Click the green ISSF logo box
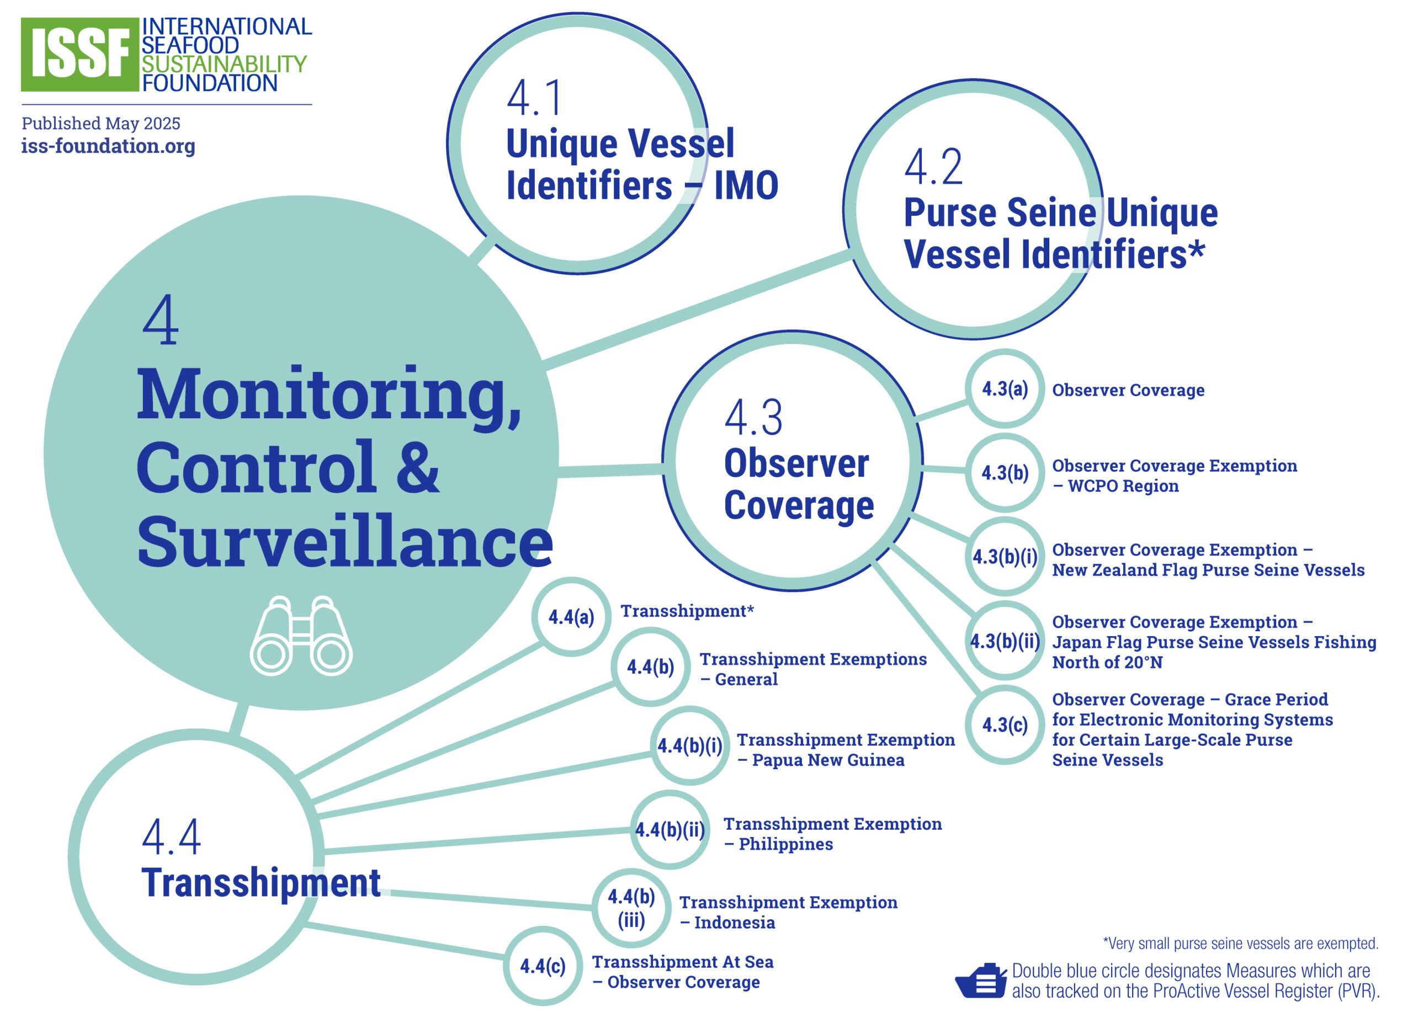click(79, 54)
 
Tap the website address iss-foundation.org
click(108, 146)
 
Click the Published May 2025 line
click(101, 124)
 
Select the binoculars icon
click(301, 636)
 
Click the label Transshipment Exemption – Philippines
click(832, 834)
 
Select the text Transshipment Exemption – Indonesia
click(788, 913)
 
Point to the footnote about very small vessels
click(1240, 943)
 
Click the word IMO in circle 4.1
click(746, 185)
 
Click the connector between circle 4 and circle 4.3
click(610, 471)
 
